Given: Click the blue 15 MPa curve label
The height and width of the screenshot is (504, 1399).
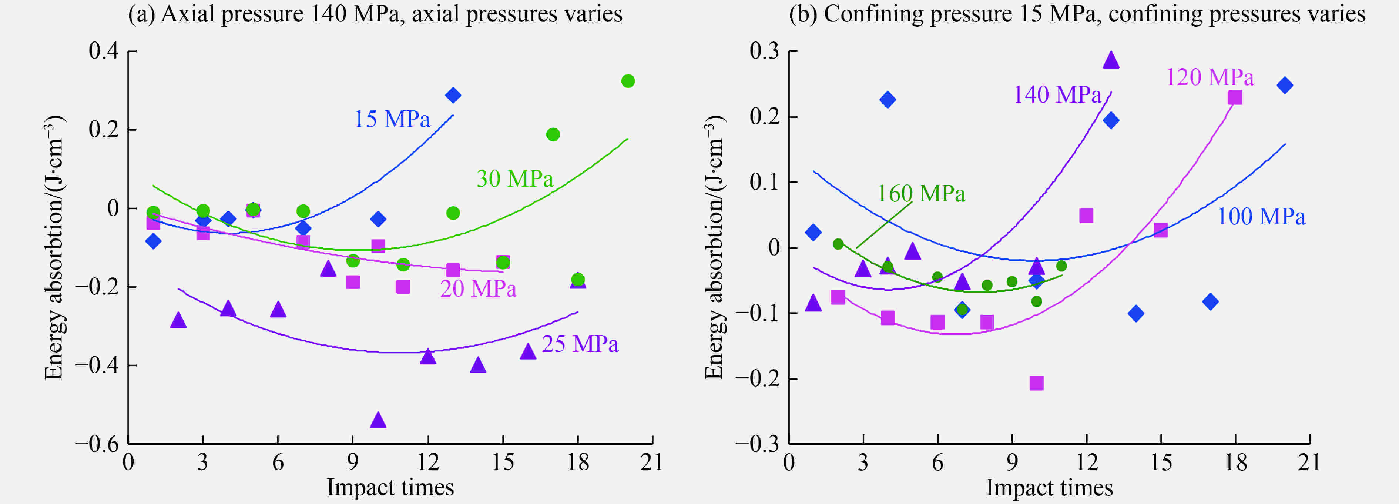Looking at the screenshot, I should [x=392, y=119].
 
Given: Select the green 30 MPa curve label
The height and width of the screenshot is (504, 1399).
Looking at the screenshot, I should [x=515, y=179].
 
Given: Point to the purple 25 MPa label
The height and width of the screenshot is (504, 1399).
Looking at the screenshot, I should [x=580, y=344].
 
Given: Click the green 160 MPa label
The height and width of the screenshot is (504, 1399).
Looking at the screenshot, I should [x=921, y=194].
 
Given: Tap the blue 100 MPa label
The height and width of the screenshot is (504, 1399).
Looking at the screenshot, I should [x=1261, y=217].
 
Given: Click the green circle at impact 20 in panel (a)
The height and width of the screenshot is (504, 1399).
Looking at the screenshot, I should [x=628, y=81].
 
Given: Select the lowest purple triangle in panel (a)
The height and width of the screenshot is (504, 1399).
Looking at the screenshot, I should [x=378, y=420].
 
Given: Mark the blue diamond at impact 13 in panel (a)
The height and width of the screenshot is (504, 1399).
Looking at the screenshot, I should [x=453, y=95].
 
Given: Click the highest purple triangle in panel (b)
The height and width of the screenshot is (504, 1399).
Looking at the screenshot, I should [x=1111, y=60].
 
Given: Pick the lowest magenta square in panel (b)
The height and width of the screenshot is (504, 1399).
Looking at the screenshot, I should [x=1037, y=383].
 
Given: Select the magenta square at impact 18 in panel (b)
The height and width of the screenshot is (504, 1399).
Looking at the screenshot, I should [x=1235, y=97].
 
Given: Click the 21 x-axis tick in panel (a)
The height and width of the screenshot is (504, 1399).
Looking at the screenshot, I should [x=652, y=463].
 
